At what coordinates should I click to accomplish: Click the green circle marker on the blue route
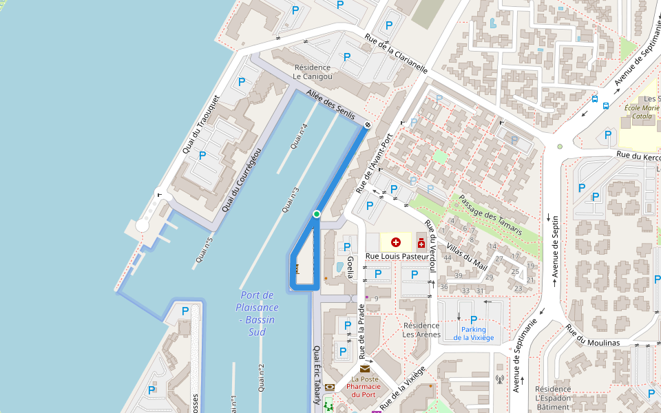click(x=317, y=214)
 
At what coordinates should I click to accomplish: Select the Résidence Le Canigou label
click(x=313, y=72)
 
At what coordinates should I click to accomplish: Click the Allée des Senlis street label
click(x=330, y=105)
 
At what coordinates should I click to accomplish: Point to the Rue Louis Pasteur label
click(x=397, y=256)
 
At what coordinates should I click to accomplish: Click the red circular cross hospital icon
click(x=396, y=242)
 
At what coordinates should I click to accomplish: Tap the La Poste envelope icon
click(x=365, y=369)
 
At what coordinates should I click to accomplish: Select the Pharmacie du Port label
click(x=364, y=390)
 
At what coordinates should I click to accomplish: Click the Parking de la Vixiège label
click(x=474, y=333)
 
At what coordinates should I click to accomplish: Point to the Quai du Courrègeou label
click(x=242, y=180)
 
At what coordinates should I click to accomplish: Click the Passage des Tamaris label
click(x=490, y=215)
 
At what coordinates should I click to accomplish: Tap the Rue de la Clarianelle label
click(x=397, y=54)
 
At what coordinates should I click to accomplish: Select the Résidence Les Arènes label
click(x=421, y=330)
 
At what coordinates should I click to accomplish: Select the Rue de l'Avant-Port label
click(x=374, y=162)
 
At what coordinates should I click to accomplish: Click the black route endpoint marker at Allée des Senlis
click(x=367, y=125)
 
